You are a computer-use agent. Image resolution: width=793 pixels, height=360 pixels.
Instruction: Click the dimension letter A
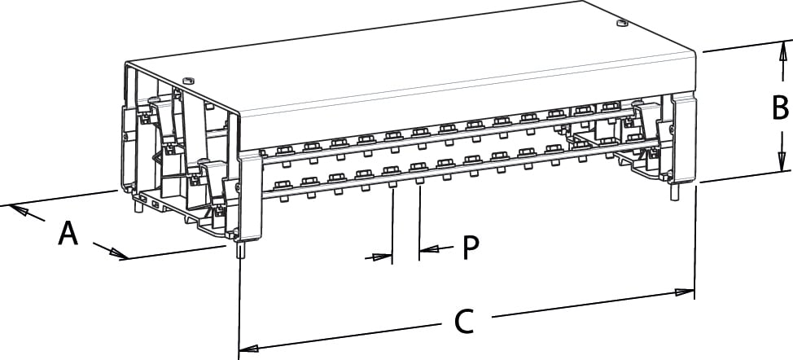point(68,235)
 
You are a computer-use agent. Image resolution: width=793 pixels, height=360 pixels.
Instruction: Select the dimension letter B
point(780,107)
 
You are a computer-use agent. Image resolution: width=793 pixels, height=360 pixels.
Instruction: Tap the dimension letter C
point(463,322)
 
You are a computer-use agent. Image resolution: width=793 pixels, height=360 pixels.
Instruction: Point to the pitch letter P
point(469,248)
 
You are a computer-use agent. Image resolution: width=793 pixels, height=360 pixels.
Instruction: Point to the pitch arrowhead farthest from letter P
point(382,257)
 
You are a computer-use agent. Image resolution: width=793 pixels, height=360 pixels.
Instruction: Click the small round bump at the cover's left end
point(189,80)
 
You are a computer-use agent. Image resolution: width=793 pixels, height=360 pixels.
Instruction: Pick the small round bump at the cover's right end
point(621,24)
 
